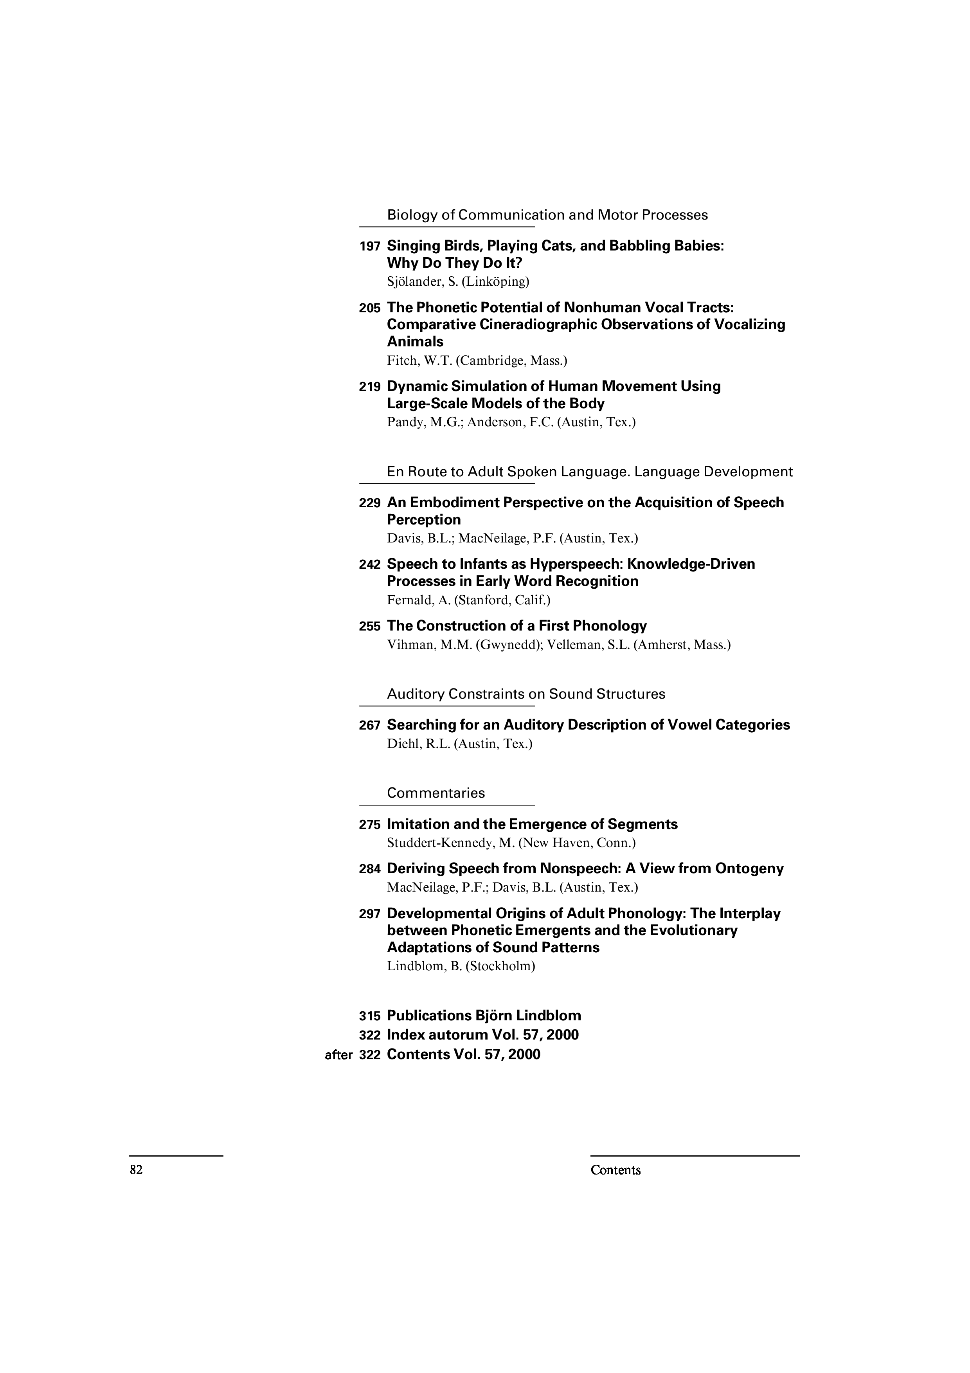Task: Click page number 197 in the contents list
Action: coord(369,246)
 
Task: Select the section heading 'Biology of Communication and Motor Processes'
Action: coord(547,215)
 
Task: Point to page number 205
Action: coord(369,308)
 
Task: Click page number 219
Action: coord(369,387)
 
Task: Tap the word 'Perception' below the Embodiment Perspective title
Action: coord(424,520)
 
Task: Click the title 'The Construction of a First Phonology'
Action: coord(516,626)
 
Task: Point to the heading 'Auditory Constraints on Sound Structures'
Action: coord(526,694)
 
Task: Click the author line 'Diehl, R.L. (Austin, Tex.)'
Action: coord(460,744)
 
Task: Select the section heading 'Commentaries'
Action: coord(436,793)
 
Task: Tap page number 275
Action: coord(369,825)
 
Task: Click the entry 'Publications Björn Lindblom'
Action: coord(484,1016)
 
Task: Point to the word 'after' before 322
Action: coord(338,1056)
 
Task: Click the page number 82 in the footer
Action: coord(136,1170)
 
